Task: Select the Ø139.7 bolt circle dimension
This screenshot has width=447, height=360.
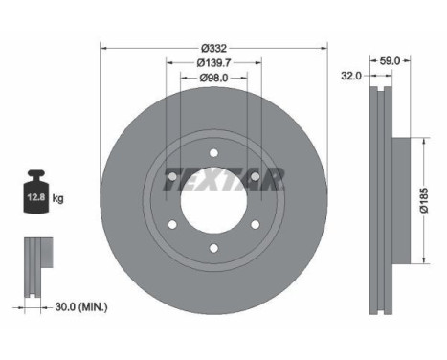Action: tap(212, 62)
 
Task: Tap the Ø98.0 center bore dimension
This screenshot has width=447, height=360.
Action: tap(212, 79)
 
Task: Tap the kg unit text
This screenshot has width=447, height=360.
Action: tap(58, 199)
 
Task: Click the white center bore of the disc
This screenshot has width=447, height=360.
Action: tap(212, 209)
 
